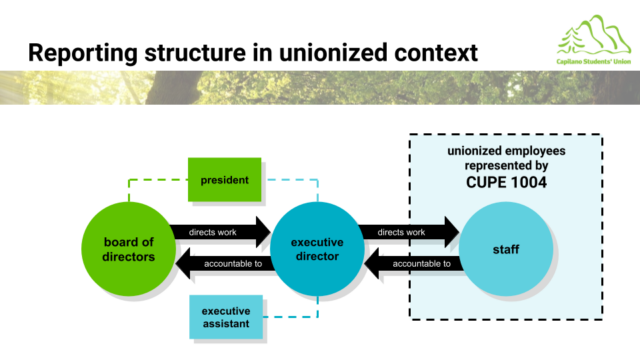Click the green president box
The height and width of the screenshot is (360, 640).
224,180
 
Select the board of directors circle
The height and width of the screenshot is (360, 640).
129,249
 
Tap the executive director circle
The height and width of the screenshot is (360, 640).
317,249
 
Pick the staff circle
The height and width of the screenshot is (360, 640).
506,249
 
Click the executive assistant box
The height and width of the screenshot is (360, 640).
226,317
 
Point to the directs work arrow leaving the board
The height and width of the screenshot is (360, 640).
220,232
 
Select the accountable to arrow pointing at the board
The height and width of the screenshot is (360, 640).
223,264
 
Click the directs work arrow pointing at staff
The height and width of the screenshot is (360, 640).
409,232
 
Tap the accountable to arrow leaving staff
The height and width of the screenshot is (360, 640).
412,264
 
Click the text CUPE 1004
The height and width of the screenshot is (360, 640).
506,182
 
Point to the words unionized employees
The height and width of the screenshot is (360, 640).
506,151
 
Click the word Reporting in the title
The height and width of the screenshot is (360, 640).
83,53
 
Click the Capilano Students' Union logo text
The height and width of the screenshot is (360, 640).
593,62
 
